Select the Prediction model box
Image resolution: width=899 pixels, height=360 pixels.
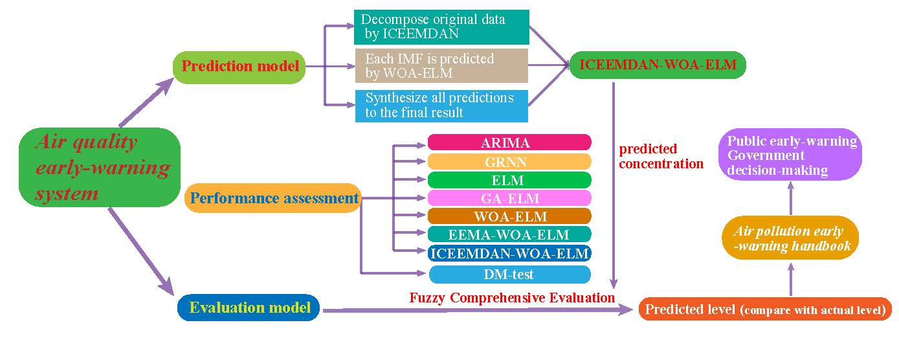[239, 67]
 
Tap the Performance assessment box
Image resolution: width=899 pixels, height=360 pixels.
[272, 198]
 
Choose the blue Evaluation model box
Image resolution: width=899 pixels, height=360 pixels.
[249, 308]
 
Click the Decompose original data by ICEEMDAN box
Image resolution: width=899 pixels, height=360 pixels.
[441, 27]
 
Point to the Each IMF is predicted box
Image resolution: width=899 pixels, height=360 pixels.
[441, 65]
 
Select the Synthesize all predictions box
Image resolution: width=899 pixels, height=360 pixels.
[441, 106]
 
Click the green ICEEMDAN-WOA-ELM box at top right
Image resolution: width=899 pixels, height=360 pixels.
[658, 65]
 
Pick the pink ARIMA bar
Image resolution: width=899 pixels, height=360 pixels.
[509, 142]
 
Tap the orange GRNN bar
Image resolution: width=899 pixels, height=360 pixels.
[509, 161]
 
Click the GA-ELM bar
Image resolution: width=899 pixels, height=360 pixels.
[509, 198]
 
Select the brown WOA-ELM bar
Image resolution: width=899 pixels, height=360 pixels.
[509, 216]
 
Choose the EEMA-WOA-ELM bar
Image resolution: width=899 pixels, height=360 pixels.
[509, 234]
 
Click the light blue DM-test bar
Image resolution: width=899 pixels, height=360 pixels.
[509, 275]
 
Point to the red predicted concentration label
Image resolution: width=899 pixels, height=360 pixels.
[660, 156]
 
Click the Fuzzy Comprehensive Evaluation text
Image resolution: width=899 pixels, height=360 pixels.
[511, 298]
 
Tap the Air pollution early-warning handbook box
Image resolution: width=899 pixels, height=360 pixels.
[790, 238]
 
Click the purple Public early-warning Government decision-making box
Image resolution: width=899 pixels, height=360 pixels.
[791, 156]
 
